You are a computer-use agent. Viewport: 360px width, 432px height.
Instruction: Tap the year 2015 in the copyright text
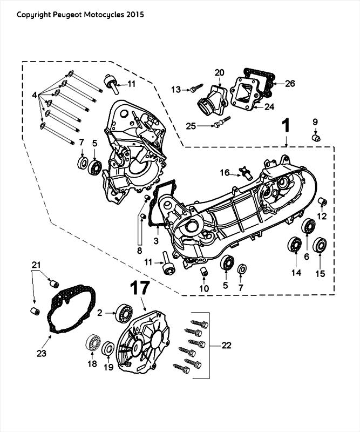[135, 15]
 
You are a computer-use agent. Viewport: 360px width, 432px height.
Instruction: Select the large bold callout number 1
[287, 126]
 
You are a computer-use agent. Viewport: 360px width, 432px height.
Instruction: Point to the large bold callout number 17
[139, 288]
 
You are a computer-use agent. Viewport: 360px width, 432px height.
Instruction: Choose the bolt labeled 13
[194, 89]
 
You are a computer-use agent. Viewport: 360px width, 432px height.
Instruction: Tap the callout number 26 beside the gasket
[290, 84]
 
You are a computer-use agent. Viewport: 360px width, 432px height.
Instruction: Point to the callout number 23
[41, 353]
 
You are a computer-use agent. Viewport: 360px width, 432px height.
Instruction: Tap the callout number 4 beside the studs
[36, 95]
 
